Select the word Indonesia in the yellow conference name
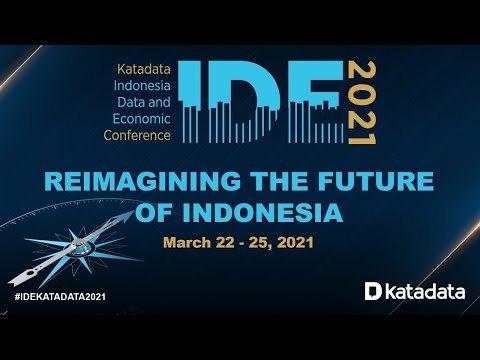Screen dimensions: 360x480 147,87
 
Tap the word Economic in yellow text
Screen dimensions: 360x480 144,118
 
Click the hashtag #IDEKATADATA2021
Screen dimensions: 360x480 61,298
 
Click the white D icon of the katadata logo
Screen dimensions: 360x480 372,291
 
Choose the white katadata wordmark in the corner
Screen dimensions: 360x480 422,291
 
